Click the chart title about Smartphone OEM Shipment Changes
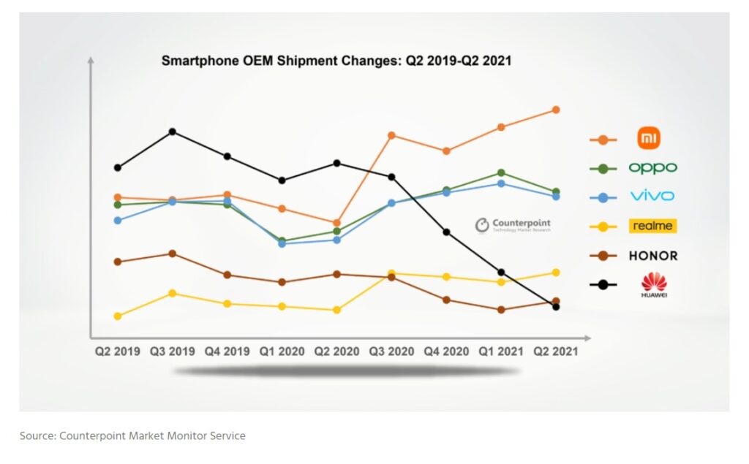(x=336, y=61)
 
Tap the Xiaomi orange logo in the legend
(x=649, y=138)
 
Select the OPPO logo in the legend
(x=652, y=168)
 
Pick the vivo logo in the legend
(x=652, y=196)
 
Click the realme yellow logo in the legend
(x=652, y=226)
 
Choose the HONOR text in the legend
(x=652, y=256)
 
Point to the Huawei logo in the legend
(x=653, y=284)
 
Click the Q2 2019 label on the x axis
(x=117, y=351)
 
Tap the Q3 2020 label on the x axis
(x=391, y=351)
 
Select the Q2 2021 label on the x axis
(x=556, y=351)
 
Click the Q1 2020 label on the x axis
(x=282, y=351)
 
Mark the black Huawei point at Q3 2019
(x=172, y=132)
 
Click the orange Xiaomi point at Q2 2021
(x=556, y=110)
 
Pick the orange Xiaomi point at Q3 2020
(x=391, y=135)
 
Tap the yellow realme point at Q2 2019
(x=117, y=316)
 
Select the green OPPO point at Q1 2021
(x=501, y=172)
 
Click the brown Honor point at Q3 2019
(x=172, y=254)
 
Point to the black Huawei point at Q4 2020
(x=446, y=232)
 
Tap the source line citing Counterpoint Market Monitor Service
(x=132, y=436)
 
